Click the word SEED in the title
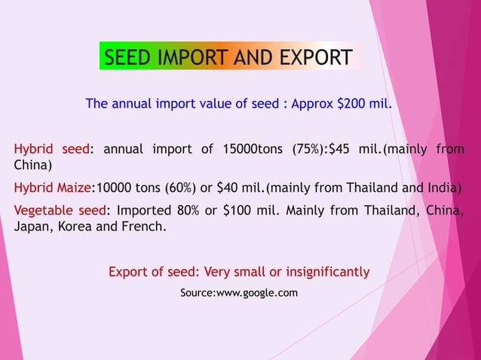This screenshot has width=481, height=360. (127, 57)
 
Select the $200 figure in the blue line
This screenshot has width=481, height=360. (351, 103)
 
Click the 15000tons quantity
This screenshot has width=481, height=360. (251, 149)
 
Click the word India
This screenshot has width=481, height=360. (439, 188)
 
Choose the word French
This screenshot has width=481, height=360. (142, 226)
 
